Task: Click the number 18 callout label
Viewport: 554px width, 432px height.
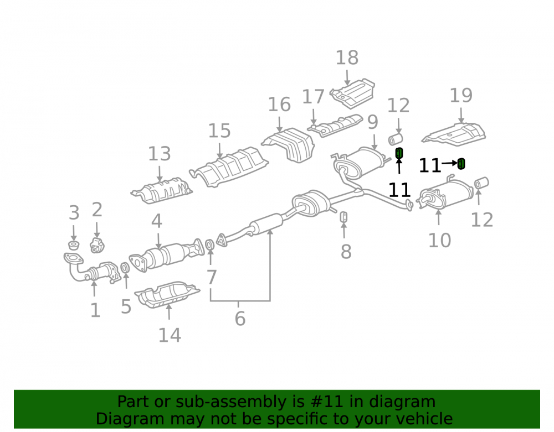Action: pos(347,58)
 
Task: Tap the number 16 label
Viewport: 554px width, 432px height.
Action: pos(279,105)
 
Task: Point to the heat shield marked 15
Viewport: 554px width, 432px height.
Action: pos(229,166)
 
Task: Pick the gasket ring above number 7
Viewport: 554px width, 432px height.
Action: pos(209,244)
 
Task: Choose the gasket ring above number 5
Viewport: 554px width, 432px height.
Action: pos(125,268)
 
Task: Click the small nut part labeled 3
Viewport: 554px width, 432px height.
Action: pos(73,245)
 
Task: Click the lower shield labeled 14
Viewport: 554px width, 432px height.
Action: pos(167,294)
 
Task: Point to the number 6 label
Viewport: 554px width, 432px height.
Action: pos(240,319)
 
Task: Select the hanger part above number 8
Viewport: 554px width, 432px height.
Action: pos(343,217)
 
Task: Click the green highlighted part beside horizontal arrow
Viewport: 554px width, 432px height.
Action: pos(461,164)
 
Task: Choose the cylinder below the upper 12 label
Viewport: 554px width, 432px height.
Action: pos(396,139)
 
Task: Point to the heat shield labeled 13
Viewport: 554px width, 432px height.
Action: pos(162,190)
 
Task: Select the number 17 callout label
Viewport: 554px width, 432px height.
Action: pos(313,97)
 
